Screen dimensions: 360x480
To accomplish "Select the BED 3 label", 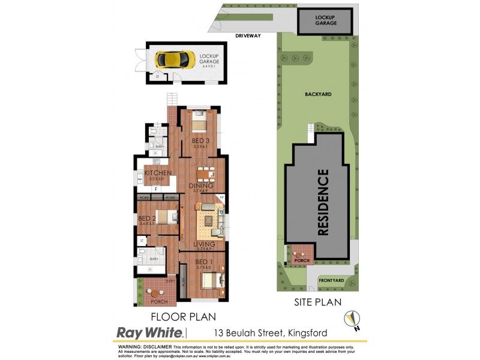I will [x=200, y=141].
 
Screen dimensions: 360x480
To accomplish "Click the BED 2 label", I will [x=147, y=218].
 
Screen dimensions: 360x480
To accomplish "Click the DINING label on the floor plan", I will [x=200, y=186].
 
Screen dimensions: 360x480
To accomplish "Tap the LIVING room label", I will [x=205, y=244].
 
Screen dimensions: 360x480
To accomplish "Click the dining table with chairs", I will [x=205, y=174].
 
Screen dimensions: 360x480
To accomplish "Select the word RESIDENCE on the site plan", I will [x=323, y=202].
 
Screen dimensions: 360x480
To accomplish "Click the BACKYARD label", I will [x=317, y=94].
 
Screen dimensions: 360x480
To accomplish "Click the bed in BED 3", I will [x=200, y=122].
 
